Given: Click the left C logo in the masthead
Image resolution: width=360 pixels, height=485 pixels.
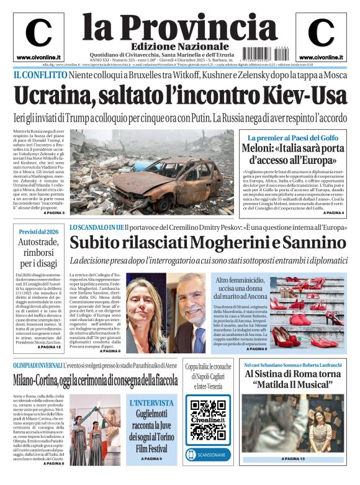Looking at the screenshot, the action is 38,32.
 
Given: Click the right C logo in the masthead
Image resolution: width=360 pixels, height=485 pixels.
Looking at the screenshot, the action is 321,32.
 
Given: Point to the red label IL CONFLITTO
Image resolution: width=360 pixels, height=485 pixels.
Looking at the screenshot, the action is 40,75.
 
